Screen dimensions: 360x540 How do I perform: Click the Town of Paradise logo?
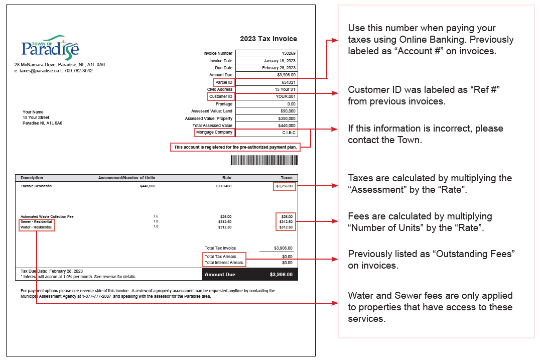click(x=50, y=47)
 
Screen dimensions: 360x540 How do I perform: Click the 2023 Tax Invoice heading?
click(x=268, y=39)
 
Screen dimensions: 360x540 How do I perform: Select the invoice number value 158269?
click(x=288, y=53)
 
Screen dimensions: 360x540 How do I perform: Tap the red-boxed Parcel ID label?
click(x=223, y=82)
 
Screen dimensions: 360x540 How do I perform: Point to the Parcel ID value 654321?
click(x=288, y=82)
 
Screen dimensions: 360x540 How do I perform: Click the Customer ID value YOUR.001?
click(x=286, y=96)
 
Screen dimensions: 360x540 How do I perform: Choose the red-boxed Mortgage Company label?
click(x=214, y=133)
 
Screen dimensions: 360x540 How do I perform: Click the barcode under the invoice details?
click(x=264, y=160)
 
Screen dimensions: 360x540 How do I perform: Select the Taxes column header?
click(x=286, y=178)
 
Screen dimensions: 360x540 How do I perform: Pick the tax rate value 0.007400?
click(x=223, y=186)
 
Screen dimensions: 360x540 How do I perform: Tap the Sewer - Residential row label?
click(x=36, y=222)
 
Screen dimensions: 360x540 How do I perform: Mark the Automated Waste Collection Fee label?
click(x=47, y=216)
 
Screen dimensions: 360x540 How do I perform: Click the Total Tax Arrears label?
click(x=220, y=257)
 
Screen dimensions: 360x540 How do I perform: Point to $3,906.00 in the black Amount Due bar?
click(x=281, y=275)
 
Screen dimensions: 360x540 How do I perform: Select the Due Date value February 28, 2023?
click(x=279, y=68)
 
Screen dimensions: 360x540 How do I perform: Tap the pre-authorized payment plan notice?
click(x=235, y=147)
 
